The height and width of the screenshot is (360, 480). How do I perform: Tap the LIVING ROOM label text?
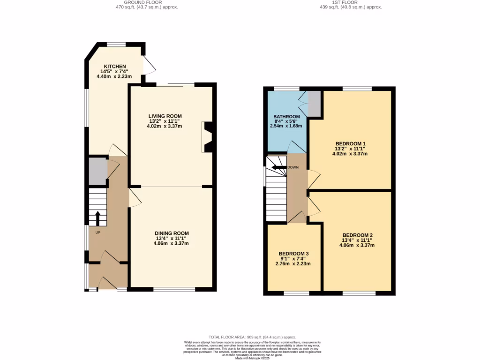pos(165,116)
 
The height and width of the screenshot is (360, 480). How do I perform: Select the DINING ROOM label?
pos(172,233)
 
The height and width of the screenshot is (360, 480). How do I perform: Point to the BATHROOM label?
pos(286,117)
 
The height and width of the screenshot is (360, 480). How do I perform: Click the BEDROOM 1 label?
pos(350,143)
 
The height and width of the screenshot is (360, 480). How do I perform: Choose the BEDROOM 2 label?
pos(357,235)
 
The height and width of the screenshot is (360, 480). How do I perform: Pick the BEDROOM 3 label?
pos(293,254)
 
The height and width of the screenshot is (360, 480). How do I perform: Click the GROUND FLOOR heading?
pos(147,2)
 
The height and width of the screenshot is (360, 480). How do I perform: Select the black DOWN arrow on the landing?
pos(279,167)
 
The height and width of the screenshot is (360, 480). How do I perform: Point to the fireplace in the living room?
pos(208,137)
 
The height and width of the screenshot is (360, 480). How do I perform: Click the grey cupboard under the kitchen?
pos(98,172)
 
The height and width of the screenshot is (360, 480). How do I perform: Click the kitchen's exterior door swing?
pos(149,66)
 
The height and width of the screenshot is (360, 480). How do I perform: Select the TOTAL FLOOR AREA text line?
pos(252,337)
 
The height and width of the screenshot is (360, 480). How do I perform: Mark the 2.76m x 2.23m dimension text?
pos(293,264)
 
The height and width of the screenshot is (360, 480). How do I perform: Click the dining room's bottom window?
pos(174,289)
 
